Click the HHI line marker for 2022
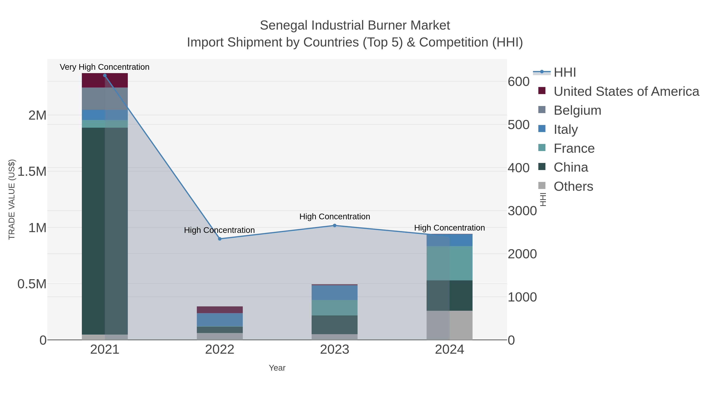coord(220,239)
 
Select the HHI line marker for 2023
coord(335,226)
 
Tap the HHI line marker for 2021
coord(105,75)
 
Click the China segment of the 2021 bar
coord(105,231)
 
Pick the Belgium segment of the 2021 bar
coord(105,99)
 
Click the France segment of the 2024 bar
coord(449,263)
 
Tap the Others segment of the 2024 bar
coord(449,325)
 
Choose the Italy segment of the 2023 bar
coord(335,292)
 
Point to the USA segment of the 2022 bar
coord(220,310)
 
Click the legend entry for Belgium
coord(577,110)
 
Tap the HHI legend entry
coord(564,73)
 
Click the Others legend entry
coord(573,186)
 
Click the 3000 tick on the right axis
coord(522,211)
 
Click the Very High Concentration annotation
coord(105,67)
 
